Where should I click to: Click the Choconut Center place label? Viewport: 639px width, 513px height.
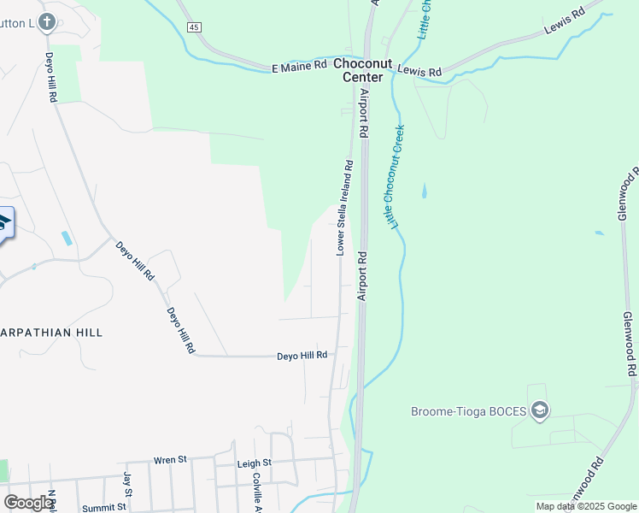362,70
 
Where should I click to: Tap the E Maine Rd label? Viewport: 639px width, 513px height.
299,67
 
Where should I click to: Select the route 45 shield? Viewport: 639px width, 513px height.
195,28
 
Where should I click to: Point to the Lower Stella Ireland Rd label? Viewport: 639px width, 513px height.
344,207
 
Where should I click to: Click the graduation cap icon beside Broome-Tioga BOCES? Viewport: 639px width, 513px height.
539,412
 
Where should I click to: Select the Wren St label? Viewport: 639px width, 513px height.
170,460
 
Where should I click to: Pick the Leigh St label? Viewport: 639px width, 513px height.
254,463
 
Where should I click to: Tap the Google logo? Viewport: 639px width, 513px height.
28,503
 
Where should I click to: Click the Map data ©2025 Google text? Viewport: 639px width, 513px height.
586,506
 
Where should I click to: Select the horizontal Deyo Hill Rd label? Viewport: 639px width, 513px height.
302,356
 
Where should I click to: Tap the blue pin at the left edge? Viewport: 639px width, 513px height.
3,224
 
